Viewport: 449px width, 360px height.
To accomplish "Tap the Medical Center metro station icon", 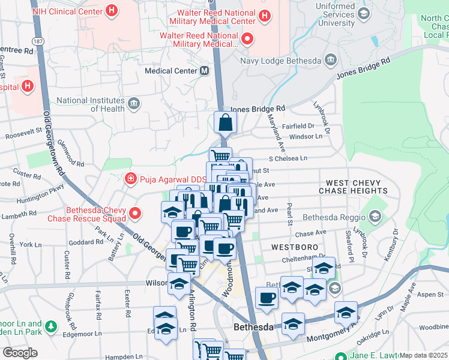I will (x=205, y=71).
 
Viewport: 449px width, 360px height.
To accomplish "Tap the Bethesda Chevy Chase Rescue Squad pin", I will (x=136, y=213).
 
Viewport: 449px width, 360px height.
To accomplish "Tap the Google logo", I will (x=20, y=353).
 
